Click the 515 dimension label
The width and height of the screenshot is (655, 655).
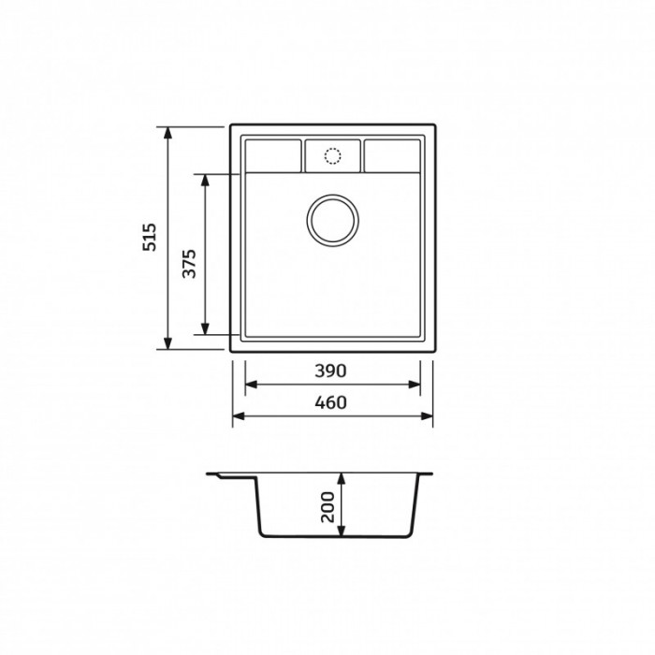[150, 238]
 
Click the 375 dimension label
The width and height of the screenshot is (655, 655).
[189, 264]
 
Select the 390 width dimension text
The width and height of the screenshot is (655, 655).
[330, 371]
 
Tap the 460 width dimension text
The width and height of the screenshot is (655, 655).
[330, 402]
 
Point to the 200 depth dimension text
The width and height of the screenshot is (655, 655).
[327, 507]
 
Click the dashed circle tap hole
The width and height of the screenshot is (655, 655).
[332, 156]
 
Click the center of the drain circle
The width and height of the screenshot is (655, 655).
[332, 220]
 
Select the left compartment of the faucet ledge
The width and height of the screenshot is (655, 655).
[273, 156]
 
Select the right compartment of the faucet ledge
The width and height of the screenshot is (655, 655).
[392, 156]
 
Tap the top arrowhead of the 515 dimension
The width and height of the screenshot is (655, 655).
[167, 132]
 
